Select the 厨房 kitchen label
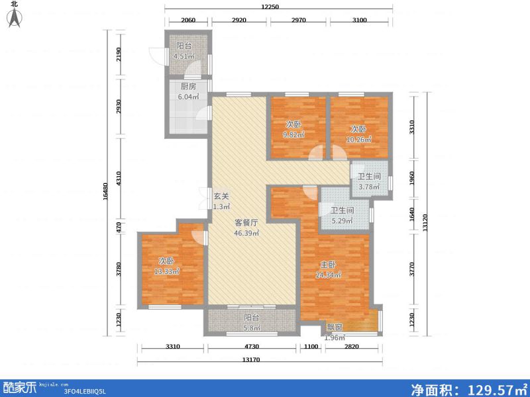[187, 87]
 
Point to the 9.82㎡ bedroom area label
[295, 135]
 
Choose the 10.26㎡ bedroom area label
[359, 139]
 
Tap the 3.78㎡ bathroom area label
[368, 187]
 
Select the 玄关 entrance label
[221, 195]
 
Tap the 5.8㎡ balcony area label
[250, 327]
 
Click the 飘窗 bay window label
[335, 327]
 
